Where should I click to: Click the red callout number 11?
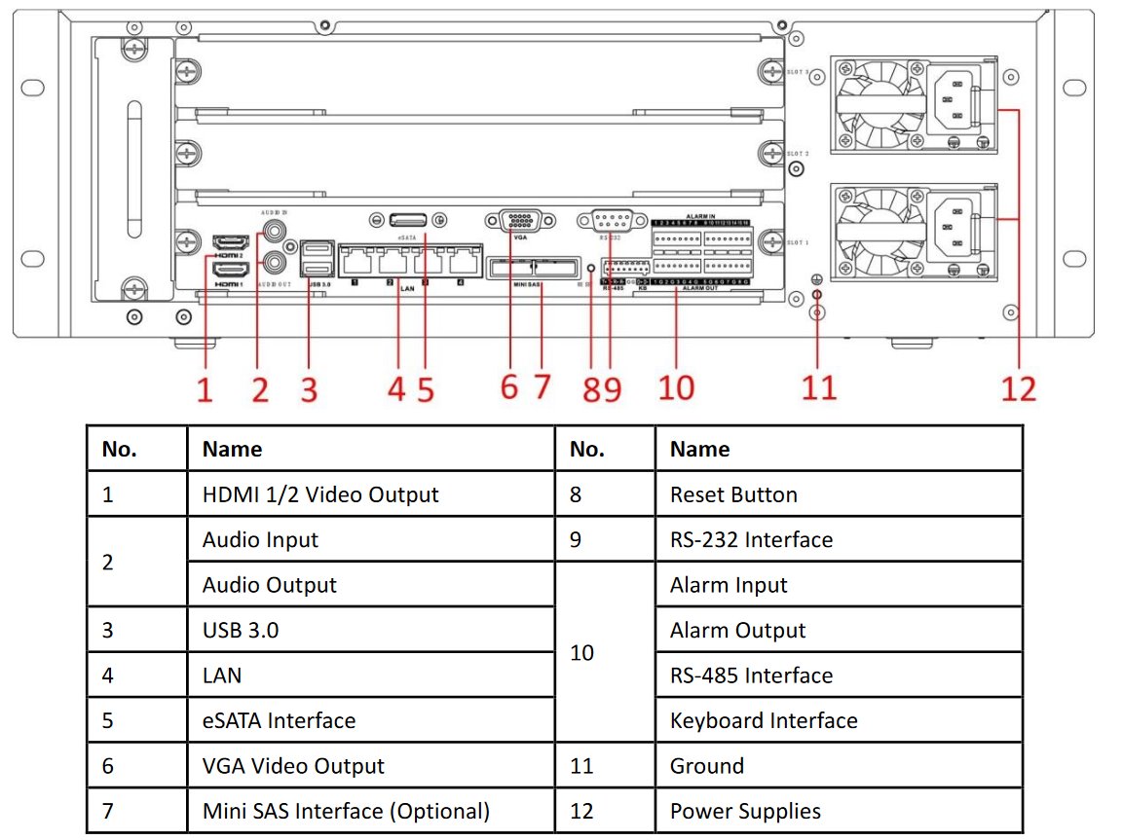tap(819, 386)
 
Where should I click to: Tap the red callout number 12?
tap(1019, 388)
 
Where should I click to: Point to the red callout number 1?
tap(205, 389)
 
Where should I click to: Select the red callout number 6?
tap(509, 386)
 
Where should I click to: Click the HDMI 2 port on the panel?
tap(230, 241)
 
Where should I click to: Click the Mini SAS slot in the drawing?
tap(532, 267)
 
